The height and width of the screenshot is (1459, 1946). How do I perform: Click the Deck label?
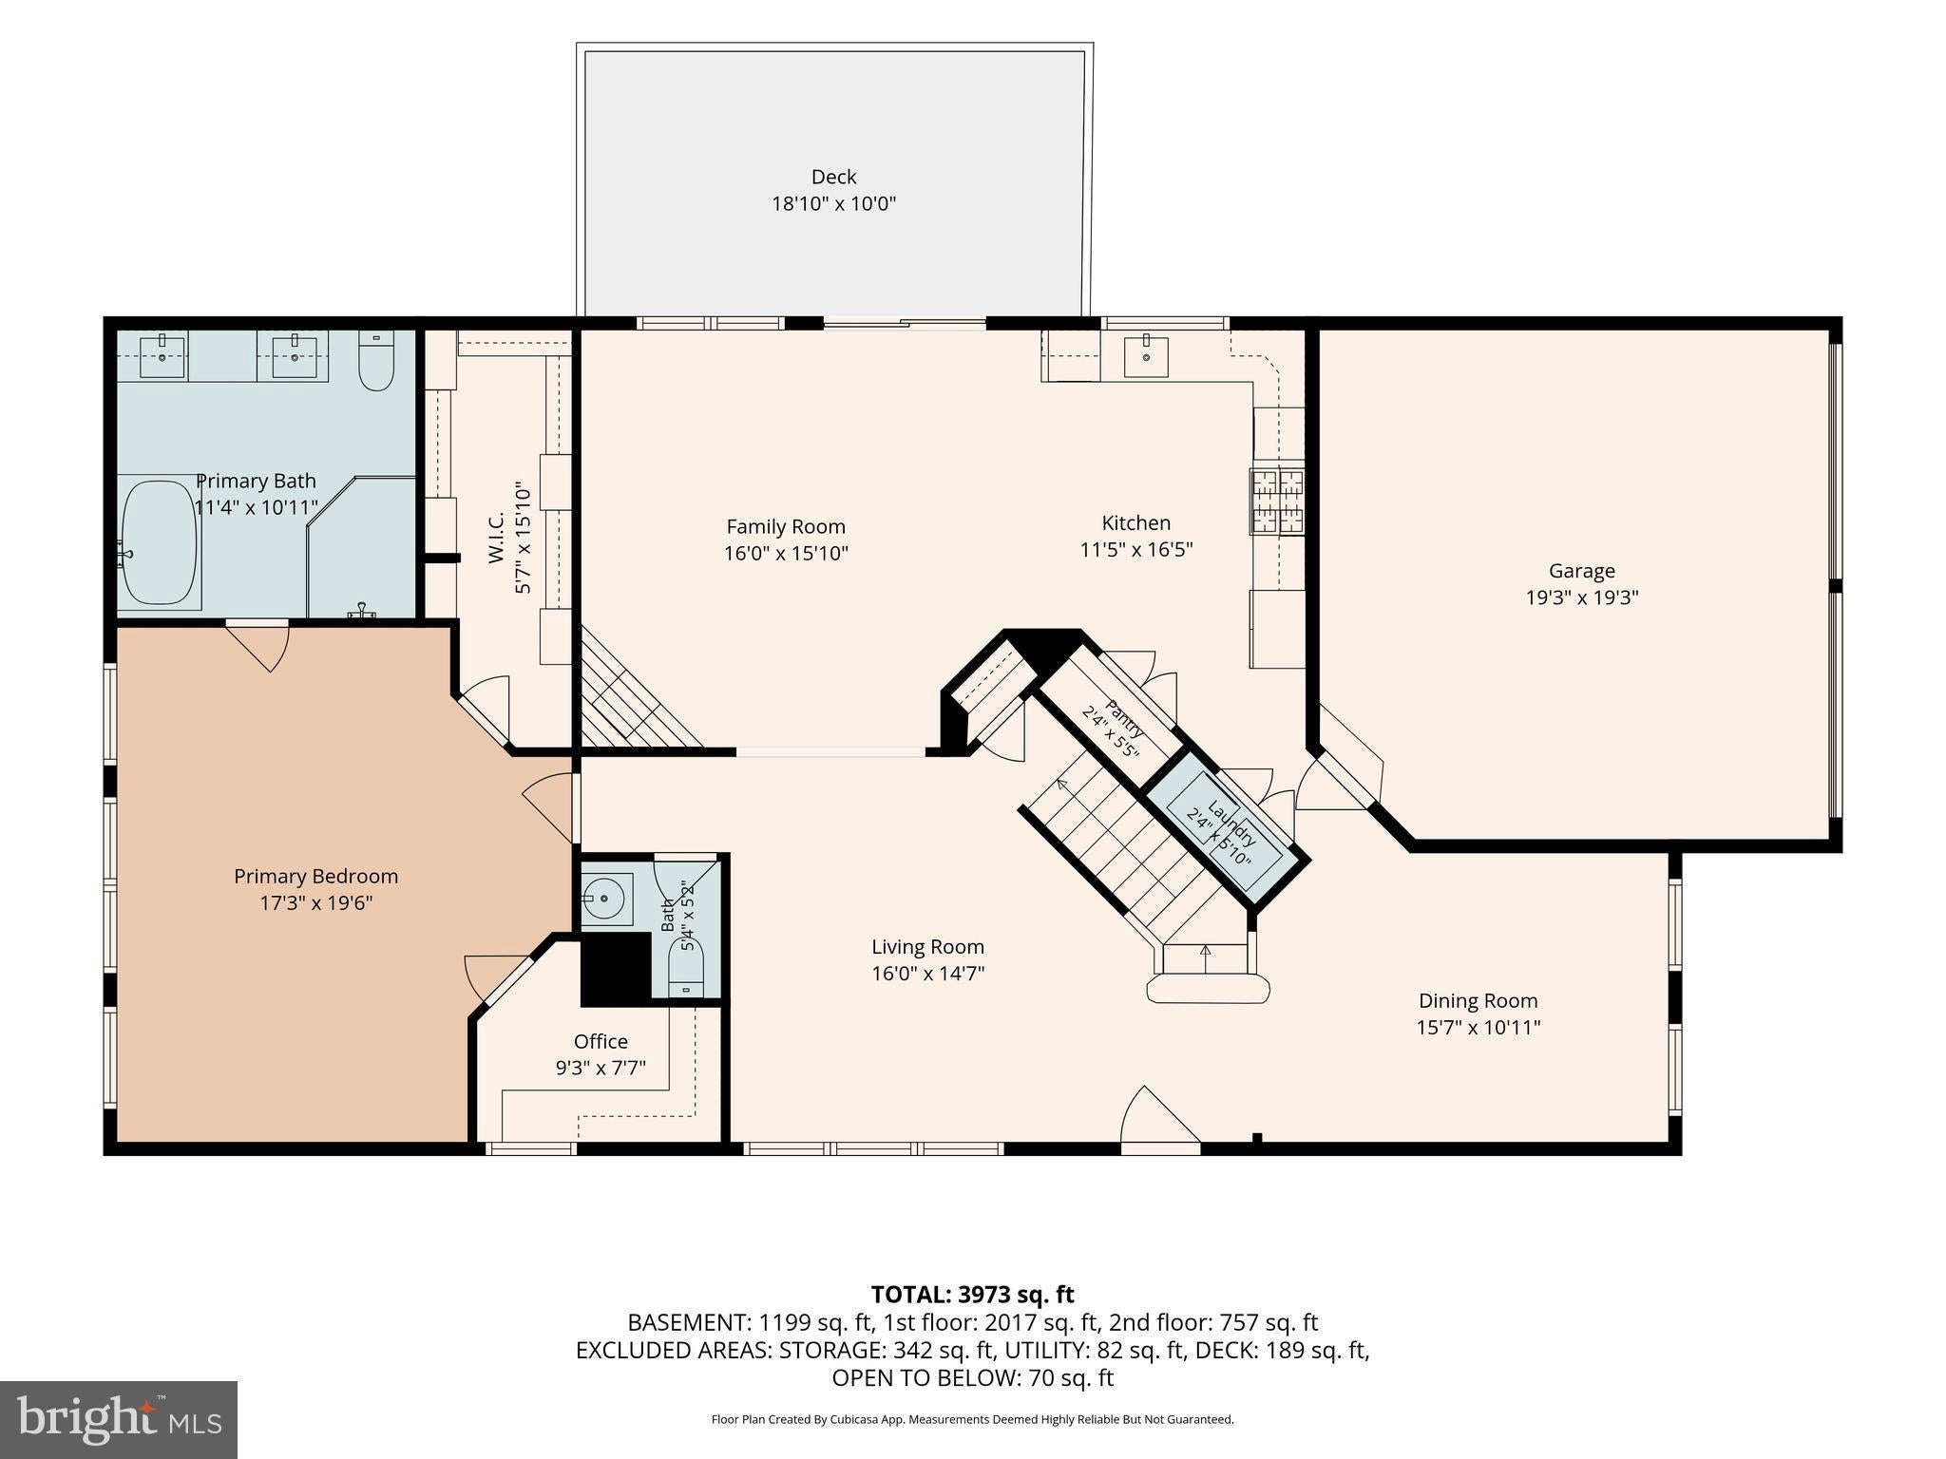pyautogui.click(x=833, y=177)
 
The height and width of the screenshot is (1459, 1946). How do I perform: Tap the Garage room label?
pyautogui.click(x=1581, y=571)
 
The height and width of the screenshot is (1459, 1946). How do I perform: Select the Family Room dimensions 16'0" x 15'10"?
pyautogui.click(x=786, y=553)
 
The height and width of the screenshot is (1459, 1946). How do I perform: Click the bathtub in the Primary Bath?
pyautogui.click(x=160, y=542)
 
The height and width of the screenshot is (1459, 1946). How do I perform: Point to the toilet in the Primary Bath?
pyautogui.click(x=376, y=361)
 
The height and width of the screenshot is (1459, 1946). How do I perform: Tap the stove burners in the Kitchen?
pyautogui.click(x=1278, y=502)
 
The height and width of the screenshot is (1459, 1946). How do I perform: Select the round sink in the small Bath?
pyautogui.click(x=604, y=898)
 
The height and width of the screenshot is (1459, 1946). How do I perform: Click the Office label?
pyautogui.click(x=601, y=1041)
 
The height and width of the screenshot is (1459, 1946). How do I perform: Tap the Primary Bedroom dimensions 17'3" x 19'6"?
pyautogui.click(x=316, y=902)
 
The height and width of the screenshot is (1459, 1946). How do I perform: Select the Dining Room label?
pyautogui.click(x=1478, y=1000)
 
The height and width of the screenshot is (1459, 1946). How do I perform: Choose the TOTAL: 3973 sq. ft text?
pyautogui.click(x=972, y=1294)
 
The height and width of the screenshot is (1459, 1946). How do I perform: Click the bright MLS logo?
pyautogui.click(x=119, y=1420)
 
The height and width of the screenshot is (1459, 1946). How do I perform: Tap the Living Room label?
pyautogui.click(x=927, y=947)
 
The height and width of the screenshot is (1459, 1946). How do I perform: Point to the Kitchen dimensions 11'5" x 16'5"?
pyautogui.click(x=1136, y=549)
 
